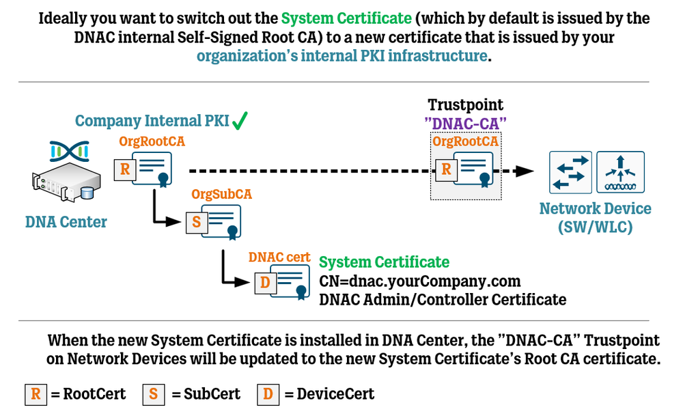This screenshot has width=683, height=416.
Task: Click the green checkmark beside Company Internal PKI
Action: coord(240,122)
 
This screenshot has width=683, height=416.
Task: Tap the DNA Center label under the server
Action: coord(66,222)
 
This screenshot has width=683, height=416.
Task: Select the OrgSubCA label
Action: coord(221,194)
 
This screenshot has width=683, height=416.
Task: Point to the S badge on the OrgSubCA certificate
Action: coord(196,222)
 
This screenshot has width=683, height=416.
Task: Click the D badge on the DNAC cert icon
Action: coord(265,282)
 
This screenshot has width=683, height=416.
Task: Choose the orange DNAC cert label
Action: coord(279,258)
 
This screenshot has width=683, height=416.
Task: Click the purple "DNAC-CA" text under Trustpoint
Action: coord(466,123)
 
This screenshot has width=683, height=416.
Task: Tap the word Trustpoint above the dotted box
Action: coord(466,105)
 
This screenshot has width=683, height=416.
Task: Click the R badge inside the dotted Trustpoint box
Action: coord(446,169)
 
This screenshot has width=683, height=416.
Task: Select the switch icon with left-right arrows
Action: coord(570,171)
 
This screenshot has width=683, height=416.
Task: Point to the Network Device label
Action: coord(595,209)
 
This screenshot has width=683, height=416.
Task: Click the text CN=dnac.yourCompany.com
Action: coord(420,281)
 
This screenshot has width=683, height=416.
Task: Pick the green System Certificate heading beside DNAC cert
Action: coord(384,262)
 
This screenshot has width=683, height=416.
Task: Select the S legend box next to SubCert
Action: coord(154,393)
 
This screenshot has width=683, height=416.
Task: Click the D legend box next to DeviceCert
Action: coord(268,393)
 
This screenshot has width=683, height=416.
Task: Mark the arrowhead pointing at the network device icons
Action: coord(525,171)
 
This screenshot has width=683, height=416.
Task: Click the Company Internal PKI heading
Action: coord(151,122)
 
